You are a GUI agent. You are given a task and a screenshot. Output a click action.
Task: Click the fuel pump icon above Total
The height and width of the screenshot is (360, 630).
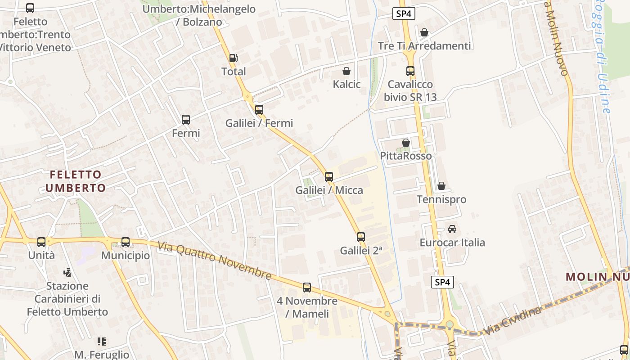coord(233,58)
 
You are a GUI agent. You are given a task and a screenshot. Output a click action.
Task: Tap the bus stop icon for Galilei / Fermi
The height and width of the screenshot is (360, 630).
coord(259,109)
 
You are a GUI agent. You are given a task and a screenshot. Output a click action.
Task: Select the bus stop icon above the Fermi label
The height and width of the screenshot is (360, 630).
coord(185,120)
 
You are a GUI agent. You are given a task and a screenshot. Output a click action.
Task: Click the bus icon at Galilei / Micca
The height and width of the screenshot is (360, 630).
coord(329,177)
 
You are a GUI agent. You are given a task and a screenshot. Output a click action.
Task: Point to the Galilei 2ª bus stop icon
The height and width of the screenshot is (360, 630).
coord(360,237)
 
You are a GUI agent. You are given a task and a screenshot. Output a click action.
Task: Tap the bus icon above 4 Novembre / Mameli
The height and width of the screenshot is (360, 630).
coord(307,288)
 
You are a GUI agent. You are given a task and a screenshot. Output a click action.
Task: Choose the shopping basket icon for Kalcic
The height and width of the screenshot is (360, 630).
coord(346,71)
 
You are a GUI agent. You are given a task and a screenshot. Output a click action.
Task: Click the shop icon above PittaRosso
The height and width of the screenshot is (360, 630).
coord(406,143)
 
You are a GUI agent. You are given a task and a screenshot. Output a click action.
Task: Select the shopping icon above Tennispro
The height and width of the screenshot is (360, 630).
coord(441,186)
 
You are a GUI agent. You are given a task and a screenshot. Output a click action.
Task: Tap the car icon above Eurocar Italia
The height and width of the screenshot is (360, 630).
coord(452,229)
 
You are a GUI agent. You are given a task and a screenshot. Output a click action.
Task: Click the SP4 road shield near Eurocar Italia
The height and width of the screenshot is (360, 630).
coord(442,282)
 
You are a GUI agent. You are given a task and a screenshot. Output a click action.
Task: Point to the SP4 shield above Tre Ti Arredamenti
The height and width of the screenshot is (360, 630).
coord(403,14)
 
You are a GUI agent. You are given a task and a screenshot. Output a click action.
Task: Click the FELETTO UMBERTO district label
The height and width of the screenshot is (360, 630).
coord(76,181)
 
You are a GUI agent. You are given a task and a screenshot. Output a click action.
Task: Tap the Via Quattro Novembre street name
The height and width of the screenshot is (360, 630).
coord(214,260)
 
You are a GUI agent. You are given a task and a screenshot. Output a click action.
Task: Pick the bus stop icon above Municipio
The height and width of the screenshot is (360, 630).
coord(125,242)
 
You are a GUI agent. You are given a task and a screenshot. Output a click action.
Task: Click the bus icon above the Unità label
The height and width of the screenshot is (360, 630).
coord(41,242)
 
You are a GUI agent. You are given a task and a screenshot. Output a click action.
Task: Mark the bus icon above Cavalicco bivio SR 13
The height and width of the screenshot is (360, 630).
coord(410,71)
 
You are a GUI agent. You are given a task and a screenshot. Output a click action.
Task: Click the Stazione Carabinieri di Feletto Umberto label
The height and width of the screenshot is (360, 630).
coord(67,299)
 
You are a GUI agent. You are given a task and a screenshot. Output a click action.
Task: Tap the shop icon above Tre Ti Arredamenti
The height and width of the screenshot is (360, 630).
coord(424,32)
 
